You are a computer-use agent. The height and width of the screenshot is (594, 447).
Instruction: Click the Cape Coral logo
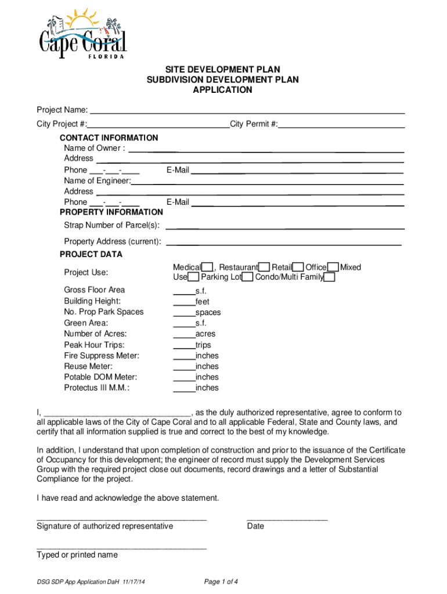[82, 34]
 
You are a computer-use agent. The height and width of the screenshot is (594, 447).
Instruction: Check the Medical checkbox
[207, 267]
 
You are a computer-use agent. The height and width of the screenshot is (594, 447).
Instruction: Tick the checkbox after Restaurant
[264, 267]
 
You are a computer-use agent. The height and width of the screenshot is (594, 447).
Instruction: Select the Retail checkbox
[298, 267]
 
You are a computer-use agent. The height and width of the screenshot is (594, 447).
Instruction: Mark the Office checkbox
[333, 267]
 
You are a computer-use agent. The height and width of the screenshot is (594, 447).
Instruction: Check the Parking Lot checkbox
[247, 277]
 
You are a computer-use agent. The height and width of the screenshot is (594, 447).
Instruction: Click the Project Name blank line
[247, 110]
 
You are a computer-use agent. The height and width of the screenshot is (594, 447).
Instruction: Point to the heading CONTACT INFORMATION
[109, 137]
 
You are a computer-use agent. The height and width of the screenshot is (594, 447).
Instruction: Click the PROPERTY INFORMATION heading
[111, 212]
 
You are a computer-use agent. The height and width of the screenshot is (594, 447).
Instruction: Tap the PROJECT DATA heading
[91, 254]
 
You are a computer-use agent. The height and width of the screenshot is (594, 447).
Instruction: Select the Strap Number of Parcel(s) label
[111, 225]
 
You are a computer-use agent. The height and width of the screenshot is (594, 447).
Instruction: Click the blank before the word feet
[184, 302]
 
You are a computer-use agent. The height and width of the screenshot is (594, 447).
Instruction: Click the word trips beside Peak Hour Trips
[204, 345]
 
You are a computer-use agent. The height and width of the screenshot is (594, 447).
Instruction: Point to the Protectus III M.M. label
[96, 388]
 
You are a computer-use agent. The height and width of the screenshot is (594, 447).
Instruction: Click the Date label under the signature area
[255, 526]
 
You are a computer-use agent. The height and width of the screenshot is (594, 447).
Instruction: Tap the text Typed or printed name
[77, 555]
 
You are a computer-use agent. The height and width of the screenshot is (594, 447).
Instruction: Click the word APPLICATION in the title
[223, 90]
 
